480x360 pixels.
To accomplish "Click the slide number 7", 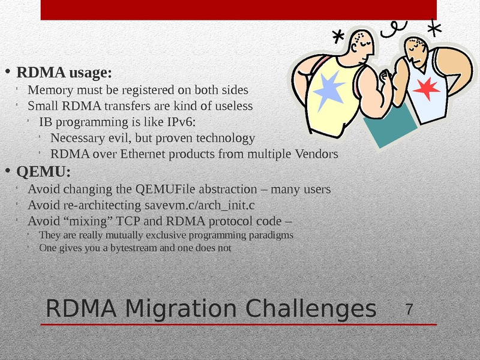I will point(410,310).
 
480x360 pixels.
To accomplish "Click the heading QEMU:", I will point(43,172).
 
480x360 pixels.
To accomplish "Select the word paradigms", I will point(273,235).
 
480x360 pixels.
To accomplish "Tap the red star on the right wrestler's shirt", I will point(426,88).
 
